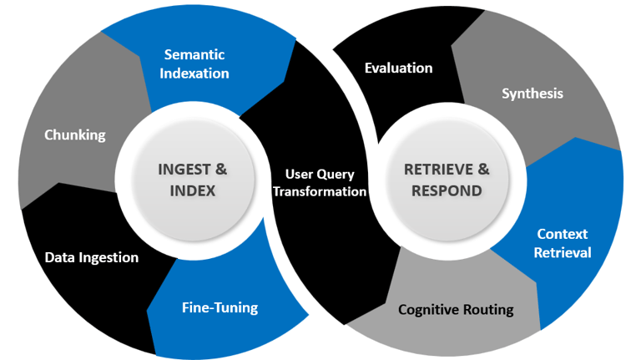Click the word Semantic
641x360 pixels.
[194, 54]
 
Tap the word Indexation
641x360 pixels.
[194, 74]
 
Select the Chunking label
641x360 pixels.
[75, 135]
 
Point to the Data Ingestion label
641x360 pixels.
[92, 257]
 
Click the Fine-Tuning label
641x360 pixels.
[220, 307]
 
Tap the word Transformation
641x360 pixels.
[320, 191]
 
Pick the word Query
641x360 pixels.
[336, 175]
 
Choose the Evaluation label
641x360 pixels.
[399, 68]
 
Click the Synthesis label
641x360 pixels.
[532, 94]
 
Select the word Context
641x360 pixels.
[562, 234]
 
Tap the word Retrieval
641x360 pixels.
[562, 252]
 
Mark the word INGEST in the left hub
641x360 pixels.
[184, 170]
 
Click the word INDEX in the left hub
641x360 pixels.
[193, 191]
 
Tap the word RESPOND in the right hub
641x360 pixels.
[447, 191]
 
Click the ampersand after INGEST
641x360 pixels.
[221, 170]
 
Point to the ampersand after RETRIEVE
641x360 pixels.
[483, 170]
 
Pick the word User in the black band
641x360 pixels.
[299, 175]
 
